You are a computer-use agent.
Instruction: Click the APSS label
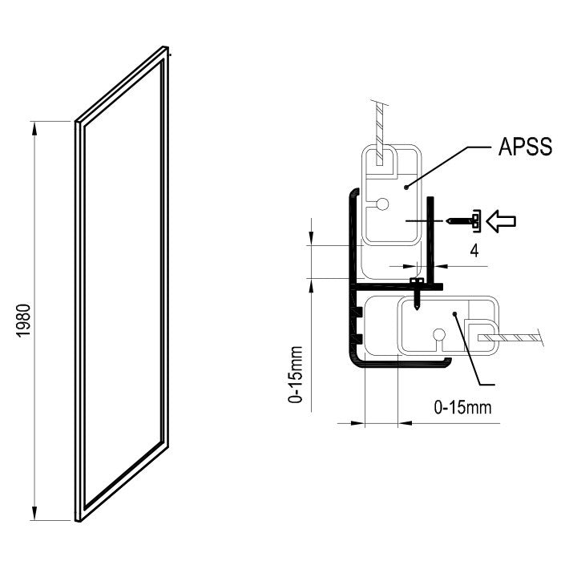click(x=525, y=147)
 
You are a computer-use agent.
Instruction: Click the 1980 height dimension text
click(x=24, y=321)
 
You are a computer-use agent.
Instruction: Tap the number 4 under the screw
click(x=474, y=250)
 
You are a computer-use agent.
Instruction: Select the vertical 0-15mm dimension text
click(x=295, y=375)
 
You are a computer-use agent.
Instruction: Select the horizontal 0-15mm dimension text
click(x=462, y=408)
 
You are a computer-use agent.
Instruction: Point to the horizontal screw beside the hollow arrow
click(x=464, y=220)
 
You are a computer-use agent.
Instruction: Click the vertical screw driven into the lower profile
click(x=417, y=294)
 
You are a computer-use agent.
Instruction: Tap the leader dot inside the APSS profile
click(x=406, y=188)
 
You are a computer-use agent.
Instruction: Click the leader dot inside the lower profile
click(x=454, y=313)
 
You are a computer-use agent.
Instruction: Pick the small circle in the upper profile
click(x=382, y=204)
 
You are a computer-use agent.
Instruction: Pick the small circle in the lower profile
click(x=439, y=334)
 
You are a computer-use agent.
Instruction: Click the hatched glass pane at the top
click(x=379, y=135)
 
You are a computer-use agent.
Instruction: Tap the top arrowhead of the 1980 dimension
click(x=34, y=129)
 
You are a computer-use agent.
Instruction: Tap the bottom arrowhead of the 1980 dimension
click(x=34, y=513)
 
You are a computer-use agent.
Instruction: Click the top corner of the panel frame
click(x=165, y=46)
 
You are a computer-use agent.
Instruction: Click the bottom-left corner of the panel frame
click(x=77, y=521)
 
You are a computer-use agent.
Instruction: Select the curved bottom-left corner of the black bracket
click(x=353, y=361)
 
